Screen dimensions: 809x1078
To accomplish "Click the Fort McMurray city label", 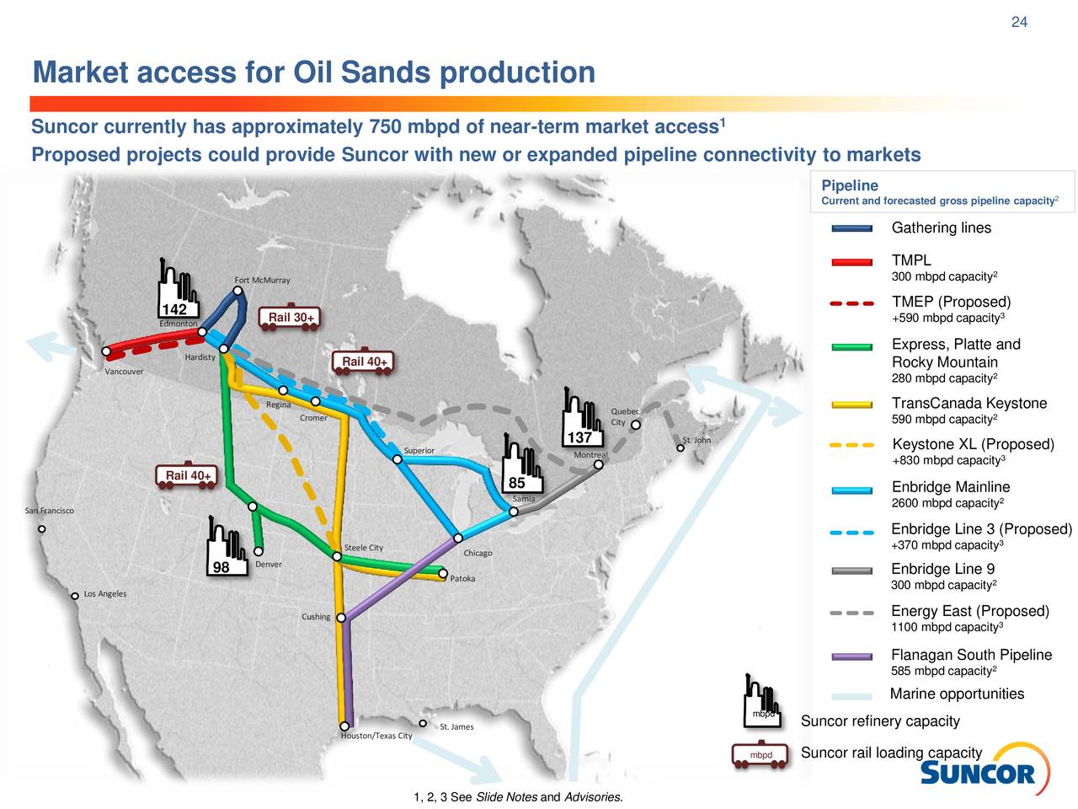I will (262, 280).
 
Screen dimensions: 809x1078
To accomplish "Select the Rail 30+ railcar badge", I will (290, 318).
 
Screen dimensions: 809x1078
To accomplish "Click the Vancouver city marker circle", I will (107, 351).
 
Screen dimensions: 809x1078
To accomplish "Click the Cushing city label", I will (316, 617).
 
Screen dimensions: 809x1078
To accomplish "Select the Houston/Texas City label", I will (376, 736).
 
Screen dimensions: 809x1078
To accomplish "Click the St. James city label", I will (456, 726).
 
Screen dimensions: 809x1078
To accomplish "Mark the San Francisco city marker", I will (41, 529).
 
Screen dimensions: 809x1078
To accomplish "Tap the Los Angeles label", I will (105, 594).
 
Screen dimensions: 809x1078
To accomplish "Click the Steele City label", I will (364, 548).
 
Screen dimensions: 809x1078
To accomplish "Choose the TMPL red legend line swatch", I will (851, 262).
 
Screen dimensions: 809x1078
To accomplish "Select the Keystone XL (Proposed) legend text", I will (973, 444).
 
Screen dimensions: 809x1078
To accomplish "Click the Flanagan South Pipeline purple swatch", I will (851, 656).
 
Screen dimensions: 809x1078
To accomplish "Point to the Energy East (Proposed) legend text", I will (969, 611).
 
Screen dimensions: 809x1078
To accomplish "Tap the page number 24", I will (1019, 22).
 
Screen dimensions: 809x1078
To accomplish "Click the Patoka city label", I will (462, 579).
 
